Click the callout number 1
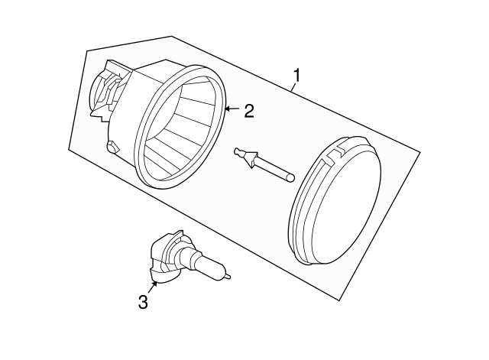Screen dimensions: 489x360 pos(296,76)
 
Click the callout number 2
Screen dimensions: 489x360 pos(249,111)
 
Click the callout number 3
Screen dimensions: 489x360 pos(143,302)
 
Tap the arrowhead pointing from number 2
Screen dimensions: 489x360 pos(227,109)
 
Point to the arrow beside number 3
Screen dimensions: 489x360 pos(152,287)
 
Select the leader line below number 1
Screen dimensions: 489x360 pos(293,86)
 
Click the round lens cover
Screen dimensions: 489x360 pos(335,200)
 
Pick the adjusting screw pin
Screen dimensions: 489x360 pos(264,164)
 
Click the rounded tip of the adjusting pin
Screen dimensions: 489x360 pos(290,178)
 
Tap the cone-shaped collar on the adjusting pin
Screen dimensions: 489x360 pos(251,159)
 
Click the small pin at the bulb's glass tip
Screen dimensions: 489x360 pos(228,276)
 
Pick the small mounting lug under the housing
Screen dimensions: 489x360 pos(113,147)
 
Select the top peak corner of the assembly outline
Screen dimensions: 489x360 pos(171,37)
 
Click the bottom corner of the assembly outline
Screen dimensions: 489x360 pos(339,300)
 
